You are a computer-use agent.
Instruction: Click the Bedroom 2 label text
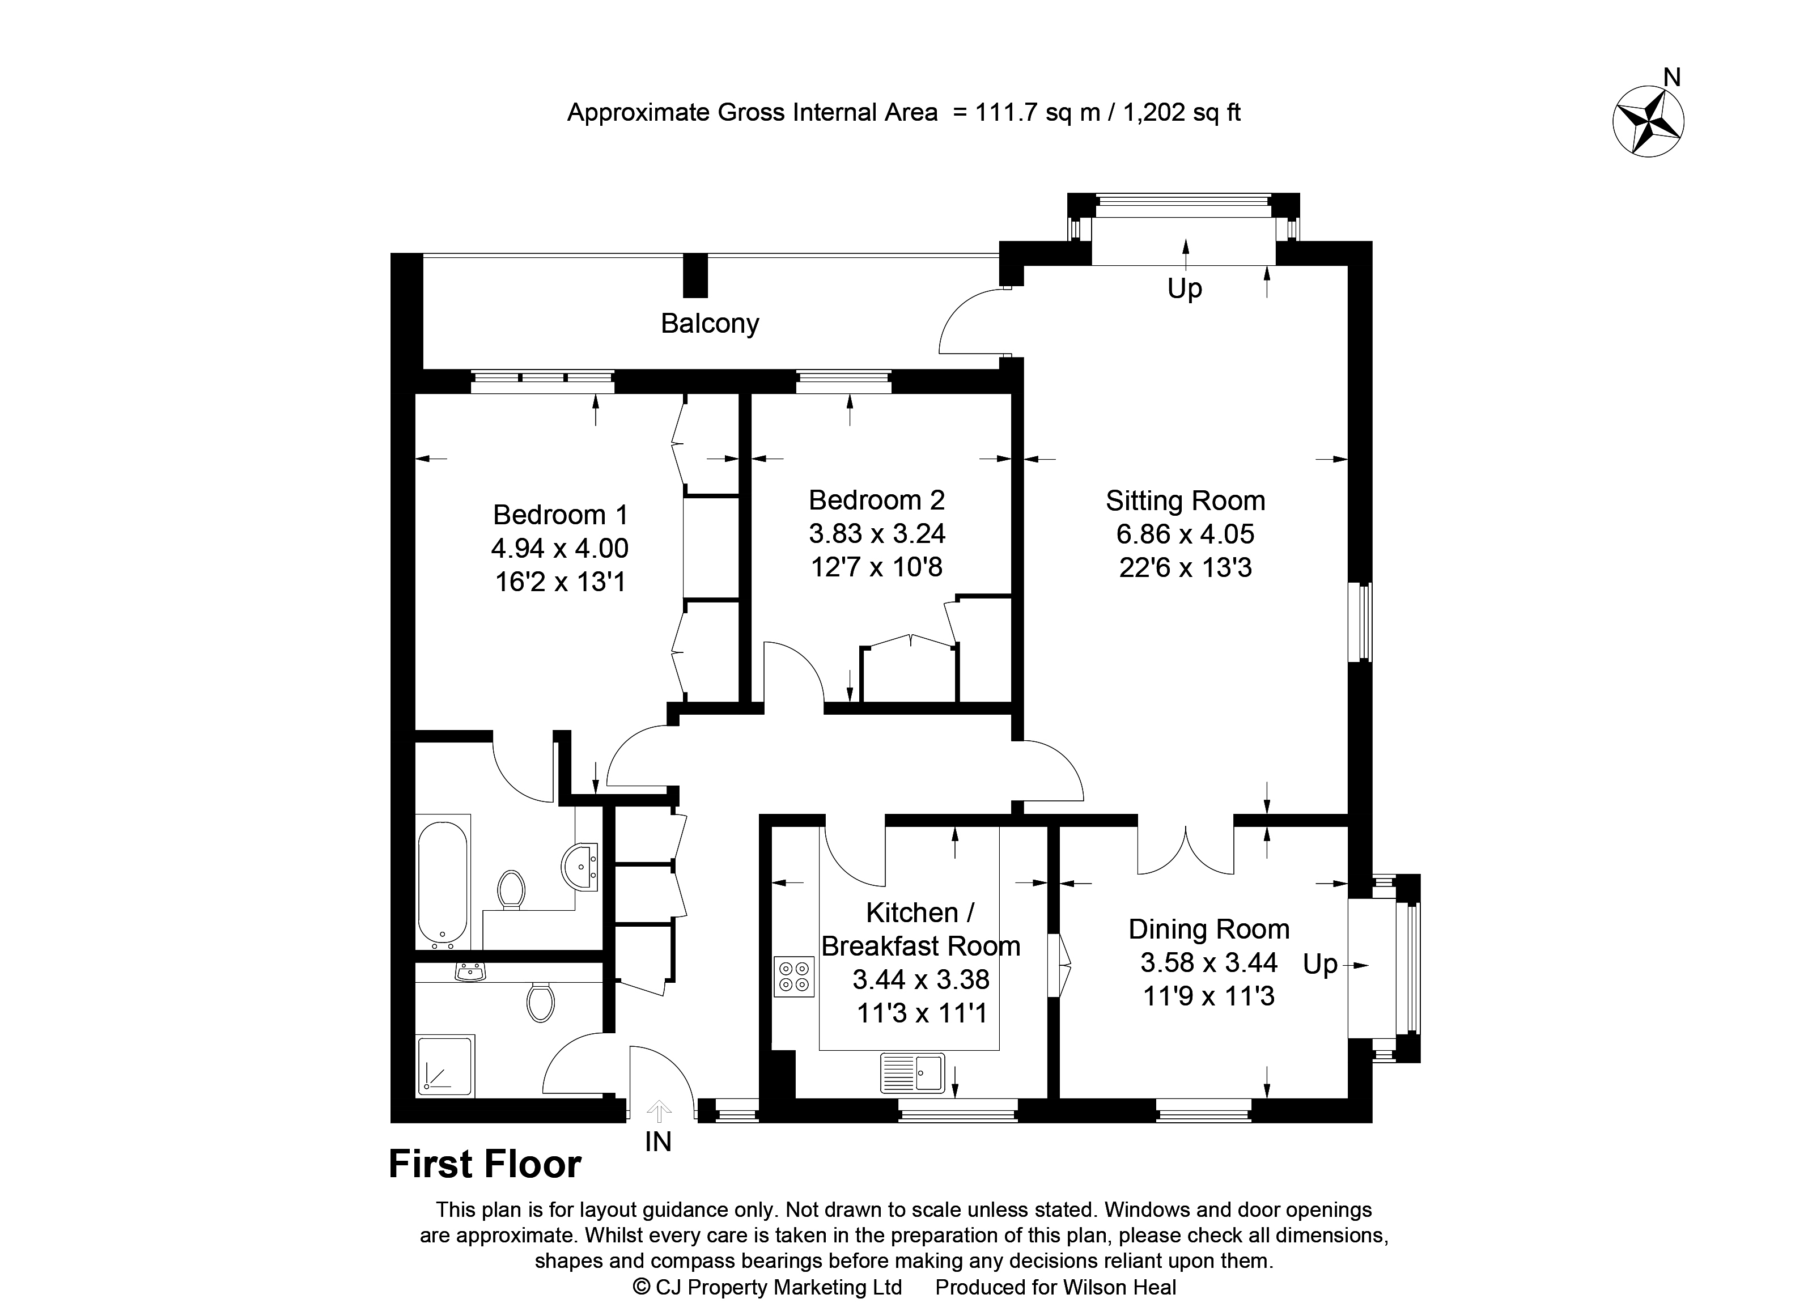point(876,500)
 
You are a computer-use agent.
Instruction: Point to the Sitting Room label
point(1186,500)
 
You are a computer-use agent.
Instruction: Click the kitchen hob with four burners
point(794,977)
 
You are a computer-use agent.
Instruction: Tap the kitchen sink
point(912,1073)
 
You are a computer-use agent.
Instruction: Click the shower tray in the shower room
point(445,1066)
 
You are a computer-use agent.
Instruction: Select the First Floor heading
point(485,1164)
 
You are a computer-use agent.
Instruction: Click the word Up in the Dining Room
point(1320,965)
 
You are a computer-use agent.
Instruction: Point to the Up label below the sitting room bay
point(1185,288)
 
